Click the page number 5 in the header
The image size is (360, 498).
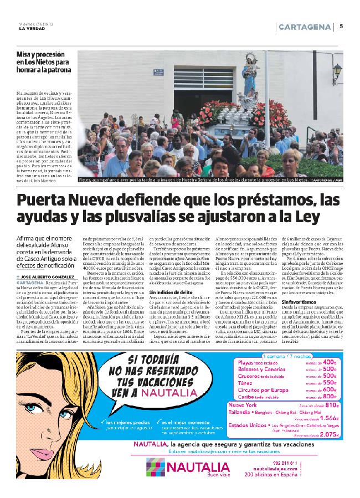pos(341,26)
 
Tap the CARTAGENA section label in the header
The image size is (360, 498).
pos(305,27)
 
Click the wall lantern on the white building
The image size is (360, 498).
pos(337,71)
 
